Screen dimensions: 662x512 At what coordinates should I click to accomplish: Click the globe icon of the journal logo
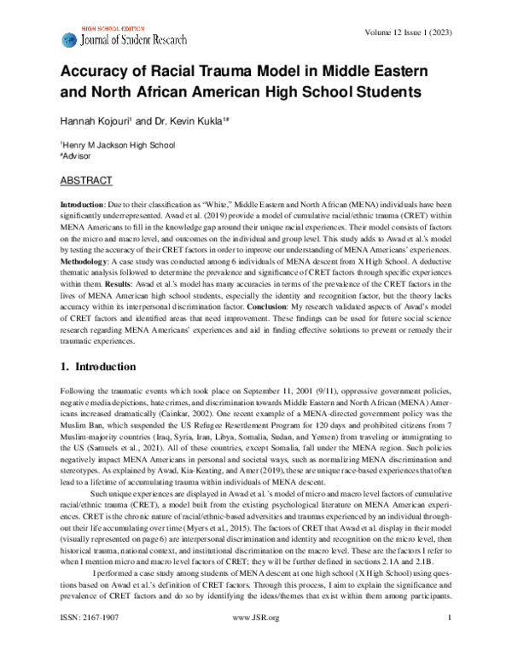[x=68, y=39]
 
